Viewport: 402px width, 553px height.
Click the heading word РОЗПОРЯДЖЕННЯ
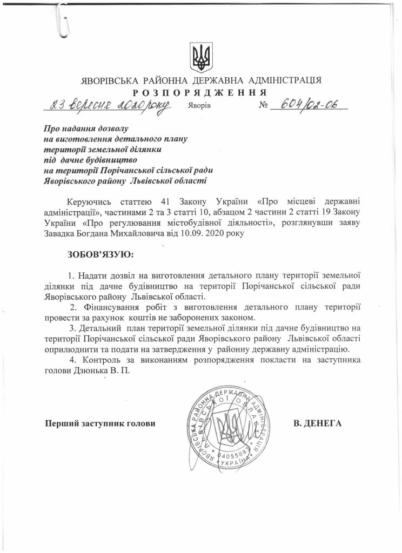pyautogui.click(x=202, y=92)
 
